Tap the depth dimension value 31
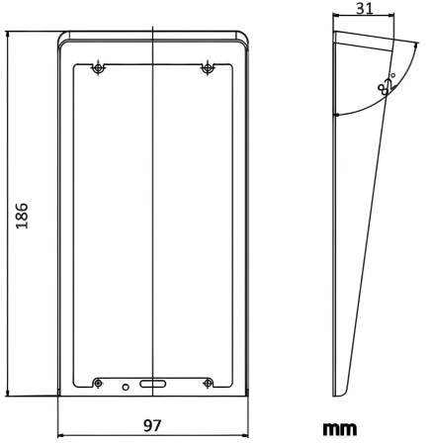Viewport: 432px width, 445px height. coord(365,9)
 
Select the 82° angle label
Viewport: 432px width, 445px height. coord(387,85)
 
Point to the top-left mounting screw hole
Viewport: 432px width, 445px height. coord(97,68)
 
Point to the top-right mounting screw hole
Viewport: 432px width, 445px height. coord(208,68)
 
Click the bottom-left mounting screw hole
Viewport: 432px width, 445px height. coord(97,383)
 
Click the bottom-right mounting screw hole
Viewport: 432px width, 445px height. coord(208,383)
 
